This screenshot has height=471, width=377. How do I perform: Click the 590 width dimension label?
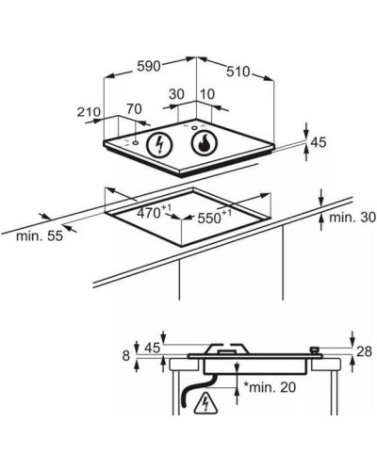[149, 66]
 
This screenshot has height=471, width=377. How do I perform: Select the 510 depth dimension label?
[238, 72]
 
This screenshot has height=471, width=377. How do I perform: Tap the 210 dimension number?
[90, 112]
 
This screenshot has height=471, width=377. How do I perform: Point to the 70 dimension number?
[134, 109]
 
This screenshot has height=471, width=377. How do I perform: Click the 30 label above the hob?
[176, 94]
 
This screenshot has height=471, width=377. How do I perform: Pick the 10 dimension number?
[207, 94]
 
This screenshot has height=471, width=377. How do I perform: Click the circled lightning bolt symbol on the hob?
[160, 144]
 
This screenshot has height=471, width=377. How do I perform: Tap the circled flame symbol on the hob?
[204, 143]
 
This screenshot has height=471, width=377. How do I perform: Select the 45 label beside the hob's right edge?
[319, 142]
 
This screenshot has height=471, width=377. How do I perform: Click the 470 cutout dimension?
[154, 212]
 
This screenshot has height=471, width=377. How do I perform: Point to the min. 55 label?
[40, 235]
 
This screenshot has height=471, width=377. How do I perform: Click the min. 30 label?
[352, 218]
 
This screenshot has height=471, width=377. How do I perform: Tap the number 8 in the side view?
[126, 356]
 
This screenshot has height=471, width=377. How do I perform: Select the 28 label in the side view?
[364, 351]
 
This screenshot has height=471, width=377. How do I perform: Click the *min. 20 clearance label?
[270, 387]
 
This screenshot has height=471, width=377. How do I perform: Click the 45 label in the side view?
[153, 348]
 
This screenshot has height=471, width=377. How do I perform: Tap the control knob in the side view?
[315, 350]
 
